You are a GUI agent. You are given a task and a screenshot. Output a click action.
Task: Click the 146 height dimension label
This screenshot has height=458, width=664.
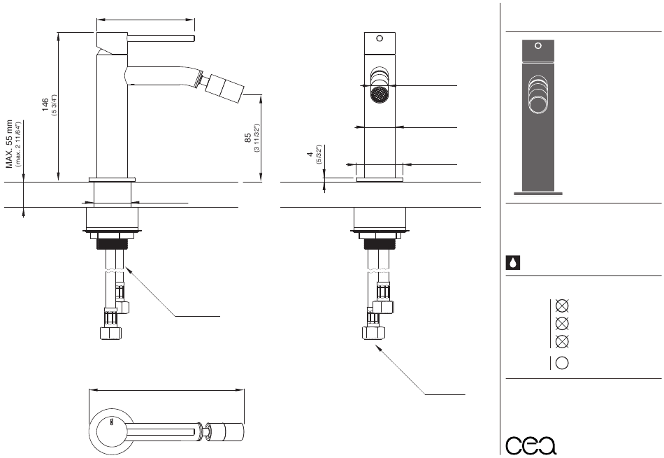click(x=45, y=105)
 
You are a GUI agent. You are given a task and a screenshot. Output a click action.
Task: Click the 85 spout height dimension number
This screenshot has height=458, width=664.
click(x=248, y=138)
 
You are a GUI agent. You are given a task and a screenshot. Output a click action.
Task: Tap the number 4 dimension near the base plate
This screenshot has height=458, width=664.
click(x=310, y=154)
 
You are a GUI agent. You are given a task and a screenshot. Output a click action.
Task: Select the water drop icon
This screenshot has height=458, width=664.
click(x=512, y=263)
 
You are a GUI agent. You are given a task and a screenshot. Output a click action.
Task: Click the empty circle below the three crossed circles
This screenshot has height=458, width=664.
click(x=561, y=363)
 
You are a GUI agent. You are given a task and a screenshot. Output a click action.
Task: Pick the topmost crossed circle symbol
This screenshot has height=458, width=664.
click(x=561, y=306)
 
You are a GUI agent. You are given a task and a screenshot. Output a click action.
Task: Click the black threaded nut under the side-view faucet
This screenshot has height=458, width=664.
click(x=113, y=244)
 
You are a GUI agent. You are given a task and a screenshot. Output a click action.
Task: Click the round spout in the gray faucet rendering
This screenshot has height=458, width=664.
click(x=538, y=103)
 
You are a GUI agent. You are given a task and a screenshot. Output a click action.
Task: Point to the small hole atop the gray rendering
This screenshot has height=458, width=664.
click(x=537, y=46)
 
